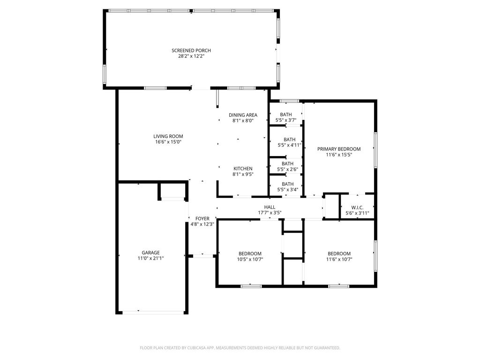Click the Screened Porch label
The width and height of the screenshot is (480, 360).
pos(191,51)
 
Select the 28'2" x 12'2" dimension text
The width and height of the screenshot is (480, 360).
pos(191,56)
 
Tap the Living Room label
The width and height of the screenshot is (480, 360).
pos(168,136)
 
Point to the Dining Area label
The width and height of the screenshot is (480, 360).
pos(243,115)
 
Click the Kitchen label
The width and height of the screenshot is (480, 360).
pos(243,169)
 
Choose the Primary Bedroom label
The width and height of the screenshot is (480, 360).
pos(339,149)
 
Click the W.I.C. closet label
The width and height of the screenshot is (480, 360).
pos(357,208)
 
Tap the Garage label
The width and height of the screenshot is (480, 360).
pos(150,253)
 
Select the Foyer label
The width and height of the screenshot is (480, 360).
pos(202,218)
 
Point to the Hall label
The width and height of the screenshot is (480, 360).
pos(270,207)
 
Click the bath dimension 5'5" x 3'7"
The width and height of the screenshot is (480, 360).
pos(286,120)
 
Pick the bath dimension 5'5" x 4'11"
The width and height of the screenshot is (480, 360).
pos(290,145)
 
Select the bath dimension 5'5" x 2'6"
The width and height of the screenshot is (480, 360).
pos(287,169)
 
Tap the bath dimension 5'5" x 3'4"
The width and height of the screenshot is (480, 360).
pos(287,189)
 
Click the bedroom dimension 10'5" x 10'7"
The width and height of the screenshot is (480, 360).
pos(250,259)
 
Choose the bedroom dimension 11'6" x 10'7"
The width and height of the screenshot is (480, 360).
pos(339,259)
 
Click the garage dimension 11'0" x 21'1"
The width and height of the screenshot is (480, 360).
pos(150,258)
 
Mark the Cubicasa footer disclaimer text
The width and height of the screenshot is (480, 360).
pos(240,348)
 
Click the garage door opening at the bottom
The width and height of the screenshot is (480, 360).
pos(153,313)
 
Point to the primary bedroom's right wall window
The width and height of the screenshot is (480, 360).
pos(375,150)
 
